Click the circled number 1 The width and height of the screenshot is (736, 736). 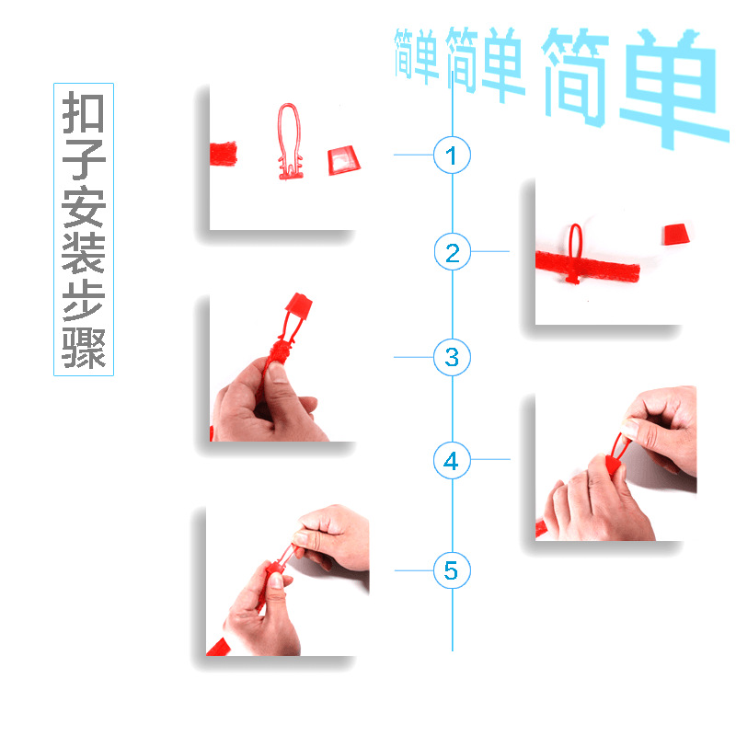tap(451, 155)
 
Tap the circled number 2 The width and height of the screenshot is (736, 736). tap(452, 252)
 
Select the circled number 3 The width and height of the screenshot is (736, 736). tap(452, 356)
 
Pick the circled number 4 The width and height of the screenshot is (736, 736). tap(451, 460)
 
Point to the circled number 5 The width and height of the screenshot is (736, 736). tap(451, 570)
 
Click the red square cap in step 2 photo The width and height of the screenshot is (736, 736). tap(676, 234)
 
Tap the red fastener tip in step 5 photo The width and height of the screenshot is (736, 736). tap(276, 576)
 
